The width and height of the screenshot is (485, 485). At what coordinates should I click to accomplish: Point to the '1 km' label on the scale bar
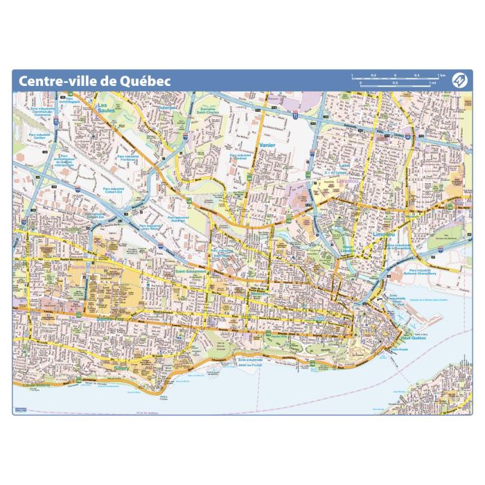(441, 75)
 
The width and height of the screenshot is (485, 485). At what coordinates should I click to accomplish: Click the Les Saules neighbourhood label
(106, 107)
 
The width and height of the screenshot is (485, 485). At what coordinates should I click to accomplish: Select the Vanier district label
(267, 145)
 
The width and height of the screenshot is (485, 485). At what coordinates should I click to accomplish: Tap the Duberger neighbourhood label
(168, 108)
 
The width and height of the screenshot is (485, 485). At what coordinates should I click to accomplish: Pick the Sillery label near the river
(121, 369)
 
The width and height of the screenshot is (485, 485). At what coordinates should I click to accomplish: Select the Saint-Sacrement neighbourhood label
(191, 272)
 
